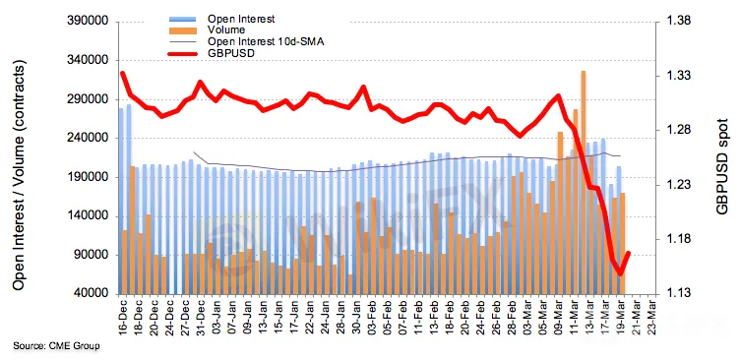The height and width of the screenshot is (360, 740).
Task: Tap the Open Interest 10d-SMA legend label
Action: click(266, 42)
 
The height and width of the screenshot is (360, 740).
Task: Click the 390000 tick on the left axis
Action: click(89, 22)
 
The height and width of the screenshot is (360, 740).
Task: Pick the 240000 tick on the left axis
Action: click(89, 139)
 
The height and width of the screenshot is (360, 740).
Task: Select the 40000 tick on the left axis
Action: click(92, 294)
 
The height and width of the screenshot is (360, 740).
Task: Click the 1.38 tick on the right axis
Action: click(678, 22)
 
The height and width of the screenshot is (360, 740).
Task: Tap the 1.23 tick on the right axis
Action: click(678, 185)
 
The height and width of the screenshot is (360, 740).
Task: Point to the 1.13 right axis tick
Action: click(678, 294)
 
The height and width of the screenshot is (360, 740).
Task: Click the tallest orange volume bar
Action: click(584, 182)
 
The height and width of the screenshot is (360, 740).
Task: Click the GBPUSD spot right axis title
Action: click(722, 165)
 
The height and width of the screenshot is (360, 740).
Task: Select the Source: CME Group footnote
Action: click(57, 346)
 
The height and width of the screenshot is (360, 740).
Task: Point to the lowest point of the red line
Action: click(620, 273)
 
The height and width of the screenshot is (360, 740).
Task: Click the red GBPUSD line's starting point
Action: click(122, 73)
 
